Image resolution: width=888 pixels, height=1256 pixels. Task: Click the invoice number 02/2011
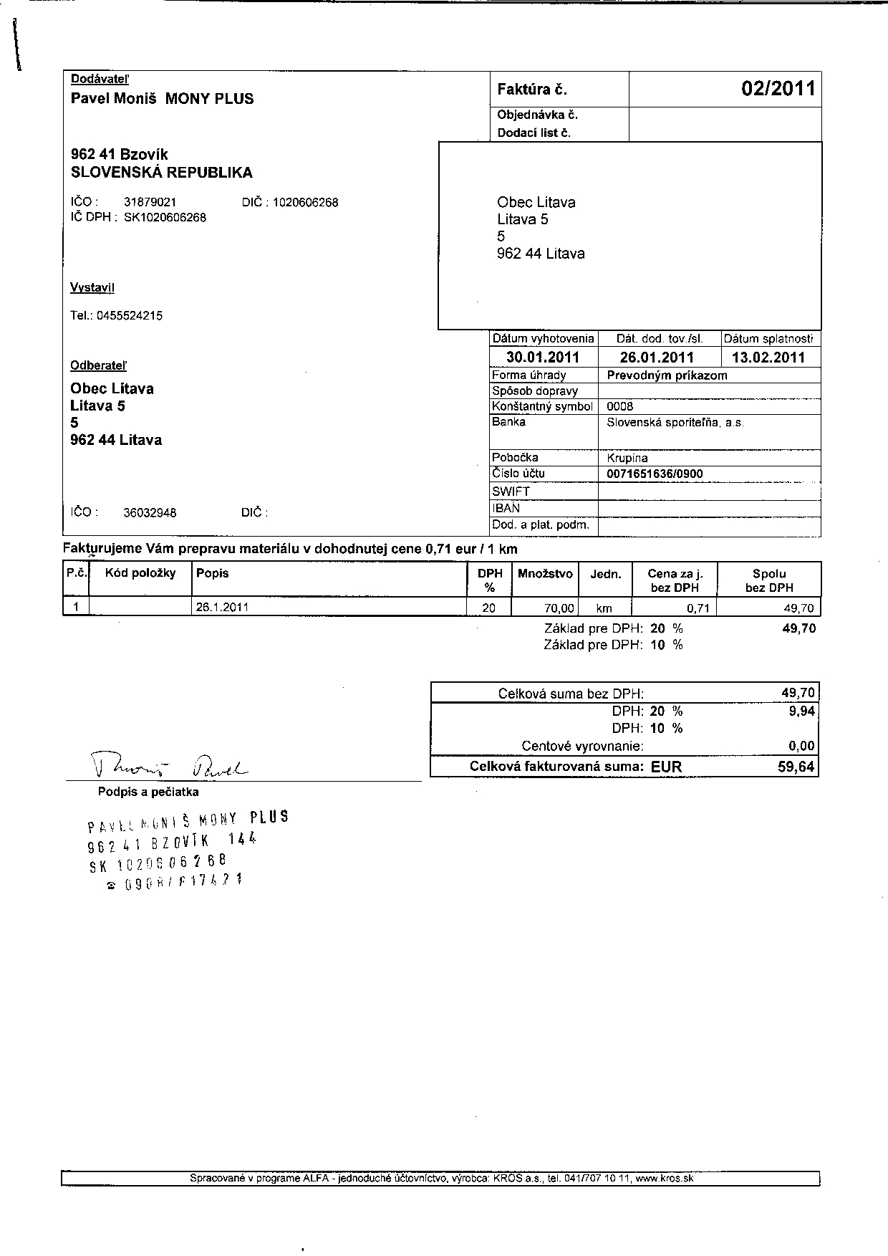pyautogui.click(x=778, y=89)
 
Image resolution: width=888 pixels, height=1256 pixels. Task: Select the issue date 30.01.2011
pyautogui.click(x=542, y=358)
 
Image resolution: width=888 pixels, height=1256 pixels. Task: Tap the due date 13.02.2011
pyautogui.click(x=768, y=358)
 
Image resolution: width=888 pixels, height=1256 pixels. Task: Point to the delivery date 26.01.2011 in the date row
pyautogui.click(x=657, y=358)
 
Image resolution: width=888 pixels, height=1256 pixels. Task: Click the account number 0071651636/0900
pyautogui.click(x=655, y=474)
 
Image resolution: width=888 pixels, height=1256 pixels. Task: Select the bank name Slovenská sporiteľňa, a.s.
pyautogui.click(x=675, y=423)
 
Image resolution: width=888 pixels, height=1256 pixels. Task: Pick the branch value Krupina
pyautogui.click(x=627, y=458)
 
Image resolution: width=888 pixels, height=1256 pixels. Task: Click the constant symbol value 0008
pyautogui.click(x=619, y=406)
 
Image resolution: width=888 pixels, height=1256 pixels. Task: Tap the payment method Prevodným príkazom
pyautogui.click(x=667, y=375)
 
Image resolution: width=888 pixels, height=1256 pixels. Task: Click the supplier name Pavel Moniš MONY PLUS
pyautogui.click(x=162, y=99)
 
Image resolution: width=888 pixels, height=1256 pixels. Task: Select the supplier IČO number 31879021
pyautogui.click(x=150, y=203)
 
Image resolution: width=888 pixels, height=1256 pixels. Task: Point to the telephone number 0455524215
pyautogui.click(x=129, y=315)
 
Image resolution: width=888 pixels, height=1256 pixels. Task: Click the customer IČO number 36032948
pyautogui.click(x=150, y=513)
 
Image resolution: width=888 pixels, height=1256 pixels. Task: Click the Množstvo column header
pyautogui.click(x=545, y=573)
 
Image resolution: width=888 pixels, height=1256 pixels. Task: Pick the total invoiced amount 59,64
pyautogui.click(x=796, y=767)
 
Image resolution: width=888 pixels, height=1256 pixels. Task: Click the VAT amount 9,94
pyautogui.click(x=801, y=711)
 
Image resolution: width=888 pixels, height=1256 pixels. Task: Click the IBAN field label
pyautogui.click(x=506, y=508)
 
